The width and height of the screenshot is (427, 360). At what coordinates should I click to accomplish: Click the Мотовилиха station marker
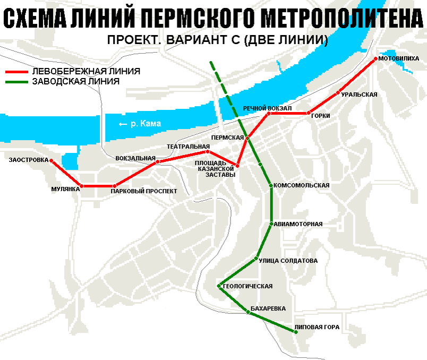375,58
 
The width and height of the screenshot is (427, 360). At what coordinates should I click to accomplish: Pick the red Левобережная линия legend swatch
17,71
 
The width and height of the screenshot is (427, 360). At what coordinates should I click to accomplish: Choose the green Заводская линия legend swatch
17,82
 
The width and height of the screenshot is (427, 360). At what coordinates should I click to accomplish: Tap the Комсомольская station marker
271,186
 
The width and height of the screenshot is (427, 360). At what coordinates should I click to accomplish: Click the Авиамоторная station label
299,224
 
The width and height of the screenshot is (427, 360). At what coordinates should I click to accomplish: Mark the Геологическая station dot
219,286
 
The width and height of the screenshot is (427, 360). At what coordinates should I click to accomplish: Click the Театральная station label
188,146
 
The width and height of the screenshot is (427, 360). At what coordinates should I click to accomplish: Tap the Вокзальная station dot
157,161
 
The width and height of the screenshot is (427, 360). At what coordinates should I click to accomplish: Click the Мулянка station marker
81,186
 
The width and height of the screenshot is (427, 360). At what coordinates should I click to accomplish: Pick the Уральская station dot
338,93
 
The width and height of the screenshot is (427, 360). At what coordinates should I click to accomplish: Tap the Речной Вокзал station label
268,108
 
